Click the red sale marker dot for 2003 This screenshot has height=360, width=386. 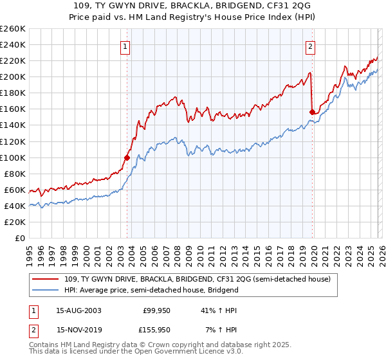coord(127,157)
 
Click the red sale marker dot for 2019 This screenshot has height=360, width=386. coord(312,112)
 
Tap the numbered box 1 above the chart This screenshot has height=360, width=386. coord(125,46)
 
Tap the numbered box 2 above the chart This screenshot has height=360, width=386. coord(310,46)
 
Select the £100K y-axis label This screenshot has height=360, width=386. coord(12,157)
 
